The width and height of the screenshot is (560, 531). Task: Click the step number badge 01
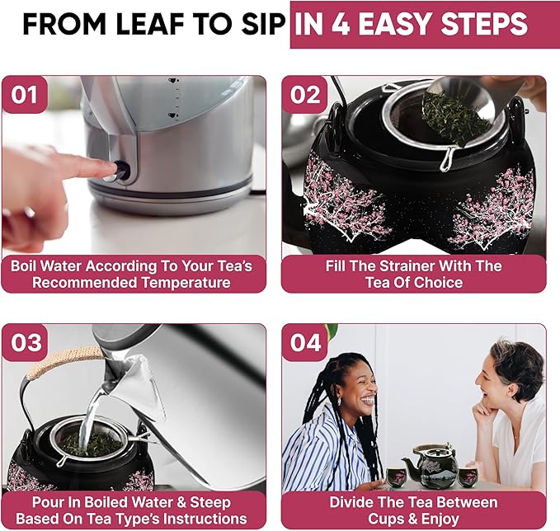24,95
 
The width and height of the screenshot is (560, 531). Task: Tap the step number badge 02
304,95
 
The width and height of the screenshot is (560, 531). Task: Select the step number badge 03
24,342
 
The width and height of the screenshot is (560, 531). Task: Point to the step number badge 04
304,342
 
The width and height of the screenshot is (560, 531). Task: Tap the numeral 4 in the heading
341,24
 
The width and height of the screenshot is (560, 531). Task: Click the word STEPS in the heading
484,24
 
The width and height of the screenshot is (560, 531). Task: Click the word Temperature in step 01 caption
186,283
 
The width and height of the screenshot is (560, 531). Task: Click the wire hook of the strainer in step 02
445,160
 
